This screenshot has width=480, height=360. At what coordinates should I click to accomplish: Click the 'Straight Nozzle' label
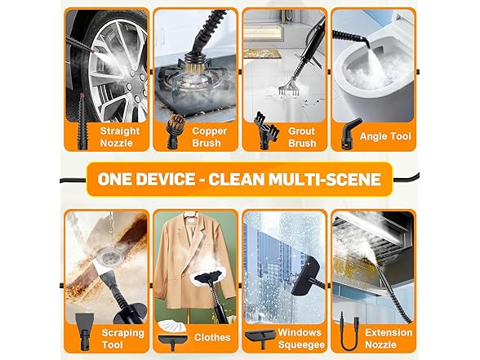(120, 137)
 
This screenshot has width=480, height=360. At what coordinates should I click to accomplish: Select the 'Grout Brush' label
(301, 137)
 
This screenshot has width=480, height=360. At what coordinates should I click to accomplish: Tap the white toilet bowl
(367, 78)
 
